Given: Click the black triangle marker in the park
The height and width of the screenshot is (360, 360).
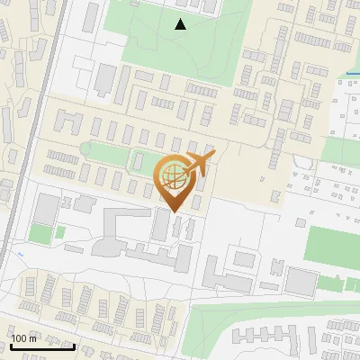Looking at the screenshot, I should (x=181, y=24).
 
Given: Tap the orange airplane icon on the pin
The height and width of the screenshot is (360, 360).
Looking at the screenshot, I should (x=198, y=164).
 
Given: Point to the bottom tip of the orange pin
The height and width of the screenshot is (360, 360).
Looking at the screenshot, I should (x=174, y=211).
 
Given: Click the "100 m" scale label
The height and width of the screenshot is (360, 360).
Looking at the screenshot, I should (x=23, y=338).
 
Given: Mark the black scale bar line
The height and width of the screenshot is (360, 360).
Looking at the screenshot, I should (x=42, y=346).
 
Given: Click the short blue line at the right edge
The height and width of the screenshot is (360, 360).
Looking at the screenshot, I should (x=352, y=73).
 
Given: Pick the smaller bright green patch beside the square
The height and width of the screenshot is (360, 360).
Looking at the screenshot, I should (x=60, y=232).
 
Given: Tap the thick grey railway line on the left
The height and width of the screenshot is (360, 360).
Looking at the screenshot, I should (x=31, y=135).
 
